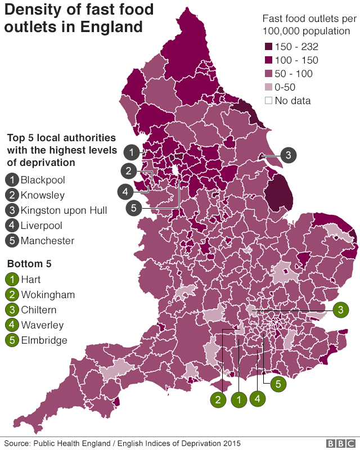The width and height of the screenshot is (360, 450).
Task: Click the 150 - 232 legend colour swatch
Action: pos(268,47)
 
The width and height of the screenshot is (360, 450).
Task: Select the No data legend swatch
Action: pos(268,101)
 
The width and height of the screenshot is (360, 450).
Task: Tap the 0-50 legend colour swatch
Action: pos(268,87)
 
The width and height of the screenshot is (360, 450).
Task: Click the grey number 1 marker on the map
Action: pos(131,152)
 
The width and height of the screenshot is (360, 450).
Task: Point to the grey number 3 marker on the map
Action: pos(287,155)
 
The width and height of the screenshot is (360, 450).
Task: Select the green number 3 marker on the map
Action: pos(340,309)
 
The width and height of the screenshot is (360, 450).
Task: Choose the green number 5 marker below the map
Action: pos(277,384)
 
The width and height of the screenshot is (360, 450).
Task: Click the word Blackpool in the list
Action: pos(43,181)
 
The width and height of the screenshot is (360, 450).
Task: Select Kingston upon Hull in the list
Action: pos(64,211)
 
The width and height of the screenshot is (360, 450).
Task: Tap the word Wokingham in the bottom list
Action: pos(48,295)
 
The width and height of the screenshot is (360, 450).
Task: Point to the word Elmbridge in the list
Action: pos(44,340)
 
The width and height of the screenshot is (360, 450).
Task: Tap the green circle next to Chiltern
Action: pos(12,310)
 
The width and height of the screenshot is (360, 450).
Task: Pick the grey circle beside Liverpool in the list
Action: pos(12,226)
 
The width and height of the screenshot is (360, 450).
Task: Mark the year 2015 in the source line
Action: pos(231,443)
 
